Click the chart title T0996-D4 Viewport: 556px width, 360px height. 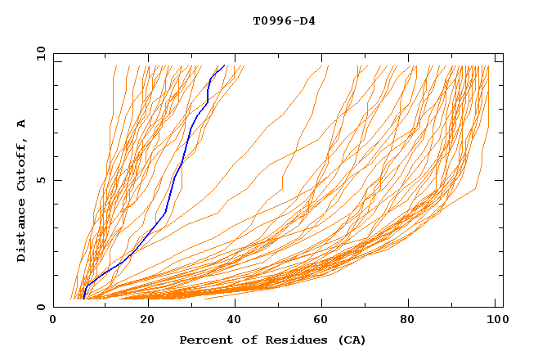pyautogui.click(x=284, y=21)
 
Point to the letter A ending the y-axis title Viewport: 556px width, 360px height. pyautogui.click(x=21, y=124)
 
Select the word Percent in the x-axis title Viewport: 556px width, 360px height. pyautogui.click(x=204, y=340)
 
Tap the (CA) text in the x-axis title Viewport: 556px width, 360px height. pyautogui.click(x=350, y=340)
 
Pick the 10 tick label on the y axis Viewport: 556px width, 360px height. pyautogui.click(x=38, y=53)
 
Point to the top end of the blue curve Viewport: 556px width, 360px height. pyautogui.click(x=224, y=65)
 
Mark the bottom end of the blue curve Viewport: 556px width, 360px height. pyautogui.click(x=83, y=299)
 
